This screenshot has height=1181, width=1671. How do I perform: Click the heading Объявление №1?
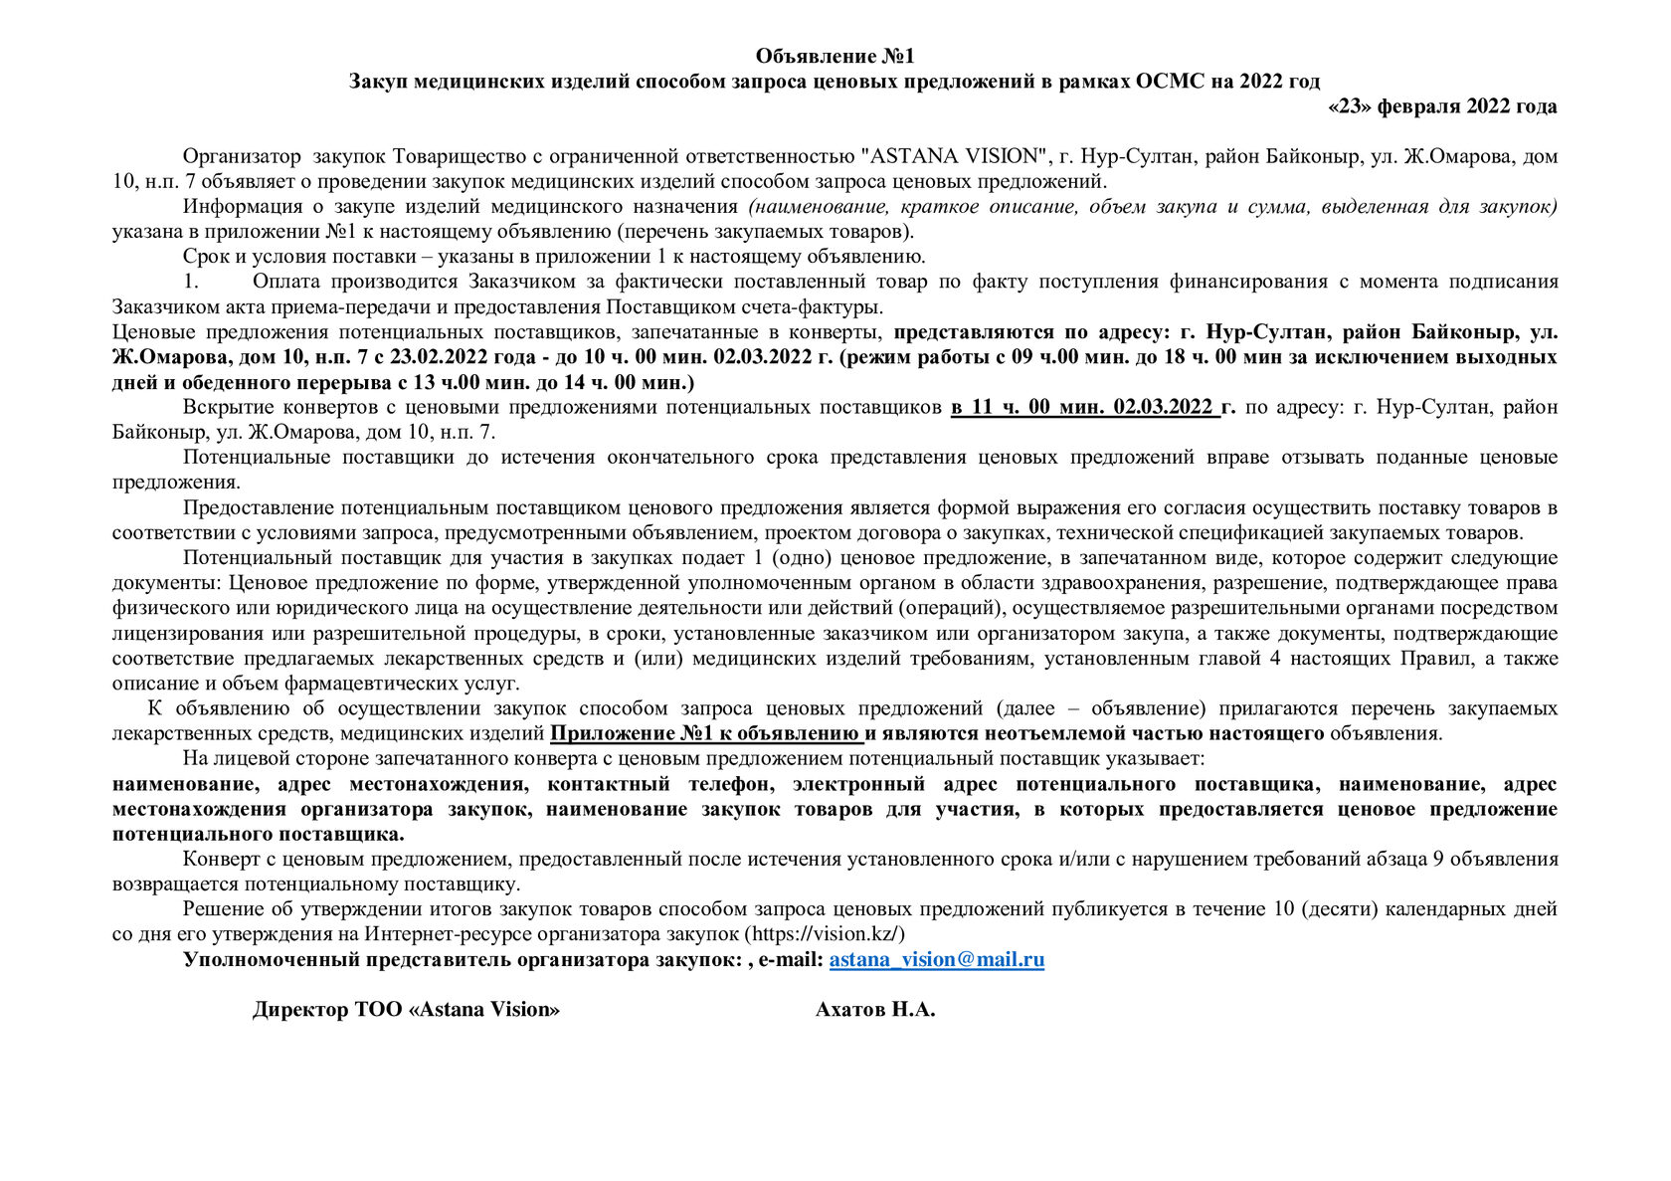[835, 56]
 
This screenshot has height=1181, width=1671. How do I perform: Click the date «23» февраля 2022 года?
[1442, 106]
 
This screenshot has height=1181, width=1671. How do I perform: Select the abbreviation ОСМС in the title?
[1168, 81]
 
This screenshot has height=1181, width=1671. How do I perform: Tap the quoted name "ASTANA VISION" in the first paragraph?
[955, 156]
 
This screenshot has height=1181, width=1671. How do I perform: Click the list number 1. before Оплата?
[192, 282]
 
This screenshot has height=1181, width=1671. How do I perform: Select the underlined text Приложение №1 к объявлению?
[705, 734]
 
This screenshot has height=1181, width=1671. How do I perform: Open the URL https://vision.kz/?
[825, 934]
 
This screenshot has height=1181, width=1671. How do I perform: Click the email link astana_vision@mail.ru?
[936, 960]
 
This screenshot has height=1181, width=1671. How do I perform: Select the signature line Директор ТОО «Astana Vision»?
[406, 1010]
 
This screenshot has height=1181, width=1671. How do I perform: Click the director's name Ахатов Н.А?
[875, 1010]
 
